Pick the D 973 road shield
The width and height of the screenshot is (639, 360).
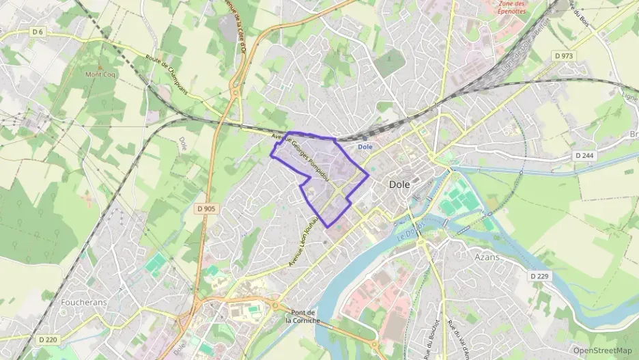[x=563, y=55]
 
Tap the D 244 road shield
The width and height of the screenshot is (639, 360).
[x=584, y=156]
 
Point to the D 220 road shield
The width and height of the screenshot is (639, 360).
[x=48, y=339]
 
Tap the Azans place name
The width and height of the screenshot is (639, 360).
[x=487, y=258]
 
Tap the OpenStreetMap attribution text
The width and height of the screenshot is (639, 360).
[x=602, y=350]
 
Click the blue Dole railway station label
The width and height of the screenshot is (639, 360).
[x=365, y=146]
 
